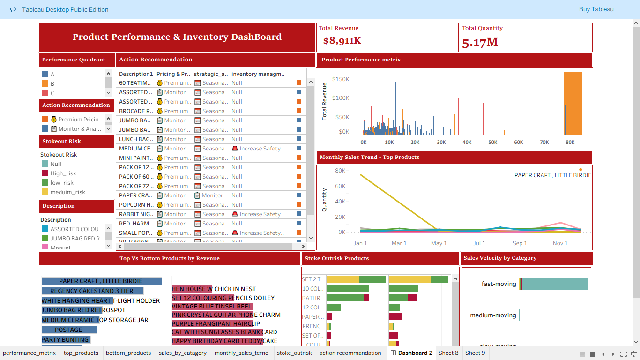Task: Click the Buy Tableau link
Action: pyautogui.click(x=596, y=9)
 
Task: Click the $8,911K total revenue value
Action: pyautogui.click(x=342, y=41)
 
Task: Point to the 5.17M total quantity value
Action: pyautogui.click(x=480, y=43)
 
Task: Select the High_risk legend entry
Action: pyautogui.click(x=63, y=173)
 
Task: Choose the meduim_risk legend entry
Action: pyautogui.click(x=67, y=192)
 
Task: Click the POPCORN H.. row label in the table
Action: pyautogui.click(x=136, y=205)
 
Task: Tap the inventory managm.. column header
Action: pyautogui.click(x=258, y=74)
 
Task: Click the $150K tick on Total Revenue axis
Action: pyautogui.click(x=340, y=79)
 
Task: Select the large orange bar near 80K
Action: pyautogui.click(x=573, y=103)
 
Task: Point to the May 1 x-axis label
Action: pyautogui.click(x=439, y=243)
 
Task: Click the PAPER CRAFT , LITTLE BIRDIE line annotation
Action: pyautogui.click(x=552, y=175)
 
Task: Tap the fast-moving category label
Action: pyautogui.click(x=499, y=284)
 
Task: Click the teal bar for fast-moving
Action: pyautogui.click(x=555, y=284)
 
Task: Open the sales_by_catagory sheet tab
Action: pyautogui.click(x=182, y=353)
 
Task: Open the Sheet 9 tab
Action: pyautogui.click(x=475, y=353)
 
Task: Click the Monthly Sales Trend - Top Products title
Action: pyautogui.click(x=369, y=157)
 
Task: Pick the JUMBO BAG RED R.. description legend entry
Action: pyautogui.click(x=76, y=239)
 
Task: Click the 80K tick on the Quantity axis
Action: pyautogui.click(x=340, y=171)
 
